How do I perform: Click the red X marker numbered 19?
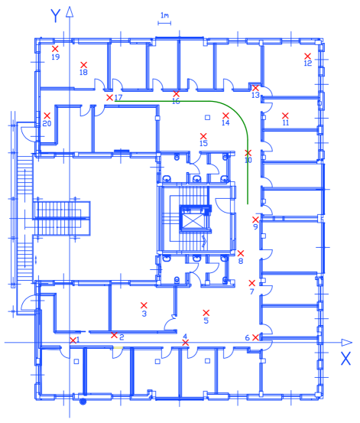click(x=55, y=49)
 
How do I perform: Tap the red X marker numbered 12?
click(x=308, y=56)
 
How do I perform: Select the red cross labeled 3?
click(x=144, y=305)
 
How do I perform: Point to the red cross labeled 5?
click(x=206, y=313)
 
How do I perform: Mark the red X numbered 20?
click(x=47, y=116)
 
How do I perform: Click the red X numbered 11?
click(x=285, y=116)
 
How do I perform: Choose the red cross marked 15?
click(x=203, y=136)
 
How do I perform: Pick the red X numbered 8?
click(x=241, y=253)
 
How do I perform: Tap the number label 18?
click(x=83, y=73)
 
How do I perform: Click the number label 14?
click(x=225, y=122)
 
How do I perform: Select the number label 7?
click(x=252, y=291)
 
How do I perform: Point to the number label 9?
click(x=255, y=227)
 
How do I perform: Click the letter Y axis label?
click(x=56, y=15)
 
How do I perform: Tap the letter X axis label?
click(x=345, y=359)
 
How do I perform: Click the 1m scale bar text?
click(x=165, y=15)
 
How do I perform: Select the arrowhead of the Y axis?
click(x=70, y=12)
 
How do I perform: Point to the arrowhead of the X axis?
click(x=347, y=343)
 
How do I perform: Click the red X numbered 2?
click(x=114, y=335)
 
